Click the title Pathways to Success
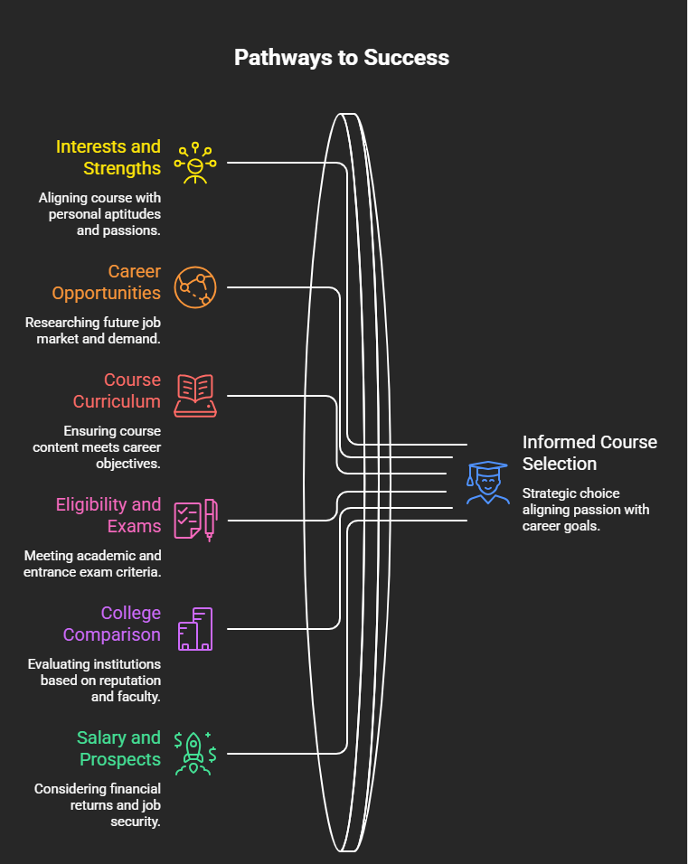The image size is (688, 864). pyautogui.click(x=341, y=58)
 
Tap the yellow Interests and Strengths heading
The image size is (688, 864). pyautogui.click(x=108, y=157)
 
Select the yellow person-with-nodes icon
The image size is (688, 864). pyautogui.click(x=195, y=163)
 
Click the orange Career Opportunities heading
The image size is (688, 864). pyautogui.click(x=107, y=282)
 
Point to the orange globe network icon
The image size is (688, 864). pyautogui.click(x=195, y=287)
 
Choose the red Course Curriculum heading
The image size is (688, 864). pyautogui.click(x=117, y=390)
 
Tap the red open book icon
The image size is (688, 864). pyautogui.click(x=195, y=396)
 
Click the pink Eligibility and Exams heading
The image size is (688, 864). pyautogui.click(x=108, y=515)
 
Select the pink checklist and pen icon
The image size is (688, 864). pyautogui.click(x=195, y=521)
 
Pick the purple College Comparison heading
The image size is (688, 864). pyautogui.click(x=112, y=624)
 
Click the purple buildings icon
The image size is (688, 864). pyautogui.click(x=195, y=629)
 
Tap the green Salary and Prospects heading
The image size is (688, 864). pyautogui.click(x=119, y=748)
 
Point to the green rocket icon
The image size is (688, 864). pyautogui.click(x=195, y=753)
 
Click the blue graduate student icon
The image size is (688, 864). pyautogui.click(x=488, y=483)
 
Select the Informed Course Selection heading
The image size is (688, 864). pyautogui.click(x=589, y=453)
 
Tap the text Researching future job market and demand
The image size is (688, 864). pyautogui.click(x=93, y=331)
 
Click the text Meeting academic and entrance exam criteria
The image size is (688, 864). pyautogui.click(x=92, y=564)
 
